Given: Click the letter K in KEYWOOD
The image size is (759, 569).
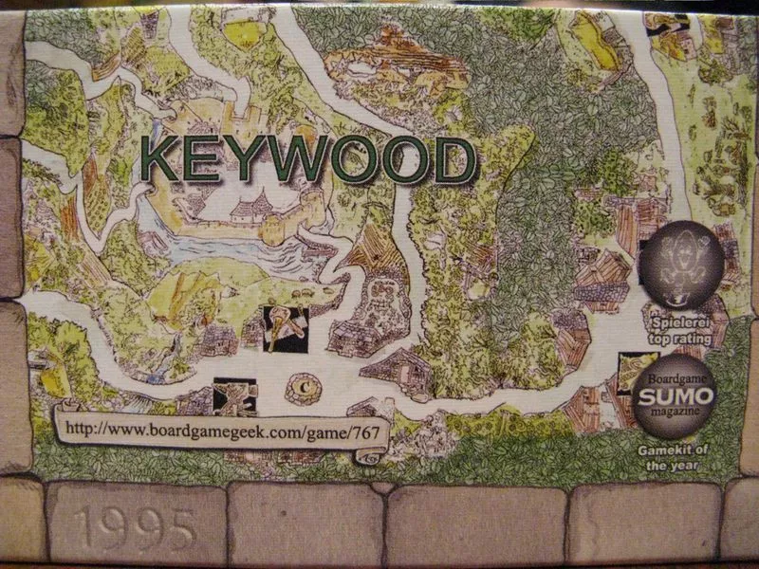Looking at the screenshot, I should click(x=164, y=159).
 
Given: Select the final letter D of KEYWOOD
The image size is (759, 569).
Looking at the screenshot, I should click(x=453, y=159).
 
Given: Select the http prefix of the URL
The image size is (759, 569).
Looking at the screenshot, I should click(x=83, y=429).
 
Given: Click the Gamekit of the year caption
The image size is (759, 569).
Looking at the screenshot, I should click(x=676, y=459).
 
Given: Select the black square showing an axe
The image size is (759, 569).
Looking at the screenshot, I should click(x=285, y=328).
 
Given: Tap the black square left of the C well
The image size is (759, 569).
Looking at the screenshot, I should click(x=236, y=396).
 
